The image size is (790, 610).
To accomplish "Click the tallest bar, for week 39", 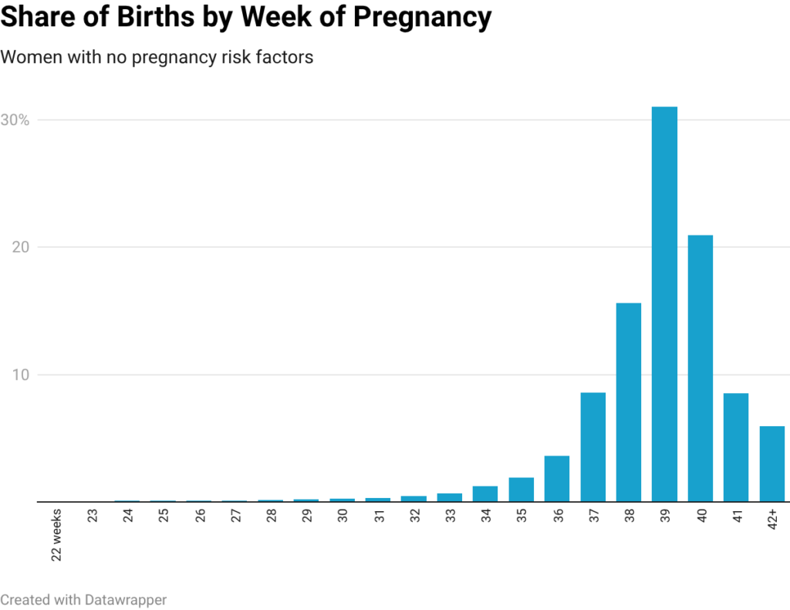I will point(664,304).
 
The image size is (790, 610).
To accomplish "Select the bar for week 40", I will point(701,368).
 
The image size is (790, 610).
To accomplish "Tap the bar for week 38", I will point(629,402).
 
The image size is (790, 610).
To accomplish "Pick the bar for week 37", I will point(592,447).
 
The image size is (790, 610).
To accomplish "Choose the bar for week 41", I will point(736,448).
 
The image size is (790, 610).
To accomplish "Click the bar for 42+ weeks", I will point(771,463).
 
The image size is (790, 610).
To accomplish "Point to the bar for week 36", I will point(557,479).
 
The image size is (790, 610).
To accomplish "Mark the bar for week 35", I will point(521,490).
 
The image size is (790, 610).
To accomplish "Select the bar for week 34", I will point(485,494).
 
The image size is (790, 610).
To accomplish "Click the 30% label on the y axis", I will point(15,120).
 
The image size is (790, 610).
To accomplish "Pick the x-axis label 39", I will point(665,517).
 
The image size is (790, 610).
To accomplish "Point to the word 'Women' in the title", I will point(25,58).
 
